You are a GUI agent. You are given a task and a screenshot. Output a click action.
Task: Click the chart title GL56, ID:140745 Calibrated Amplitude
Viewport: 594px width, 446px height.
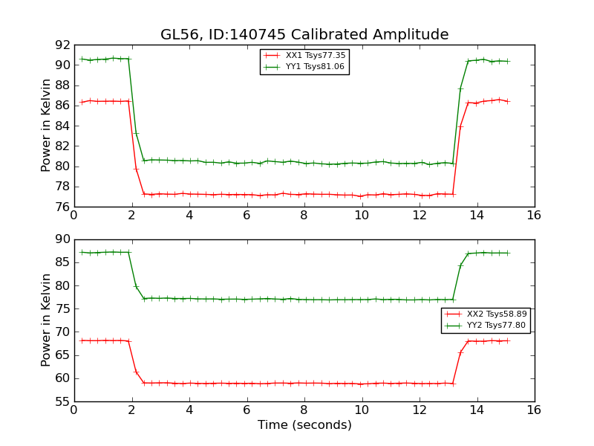(304, 35)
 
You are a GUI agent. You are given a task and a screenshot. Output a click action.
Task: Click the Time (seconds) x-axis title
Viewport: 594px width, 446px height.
(304, 425)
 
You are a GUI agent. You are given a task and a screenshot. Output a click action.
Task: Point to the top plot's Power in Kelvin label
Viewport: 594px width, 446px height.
(46, 126)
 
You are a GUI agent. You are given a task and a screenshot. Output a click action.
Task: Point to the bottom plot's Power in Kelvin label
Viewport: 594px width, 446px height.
(46, 320)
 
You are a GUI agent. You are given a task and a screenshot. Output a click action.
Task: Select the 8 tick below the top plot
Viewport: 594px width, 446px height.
(304, 216)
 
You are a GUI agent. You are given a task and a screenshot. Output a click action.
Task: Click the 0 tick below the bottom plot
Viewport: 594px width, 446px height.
(74, 410)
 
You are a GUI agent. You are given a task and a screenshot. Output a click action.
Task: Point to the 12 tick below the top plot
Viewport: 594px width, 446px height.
(420, 216)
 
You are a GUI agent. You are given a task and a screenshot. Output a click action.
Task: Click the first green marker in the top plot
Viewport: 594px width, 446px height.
(82, 59)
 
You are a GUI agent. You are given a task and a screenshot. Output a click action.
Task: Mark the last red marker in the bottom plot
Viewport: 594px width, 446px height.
(508, 340)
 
